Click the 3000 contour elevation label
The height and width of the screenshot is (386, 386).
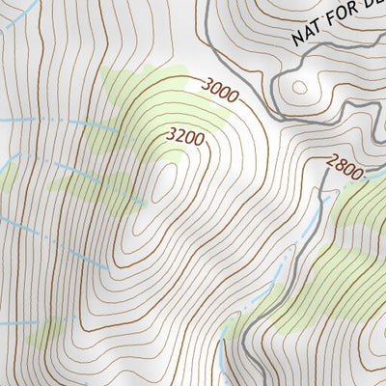pos(218,91)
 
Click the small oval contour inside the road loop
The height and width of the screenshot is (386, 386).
pos(299,88)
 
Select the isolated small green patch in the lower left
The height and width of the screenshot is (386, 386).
pos(45,333)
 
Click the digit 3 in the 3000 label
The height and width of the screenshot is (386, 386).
pos(207,85)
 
